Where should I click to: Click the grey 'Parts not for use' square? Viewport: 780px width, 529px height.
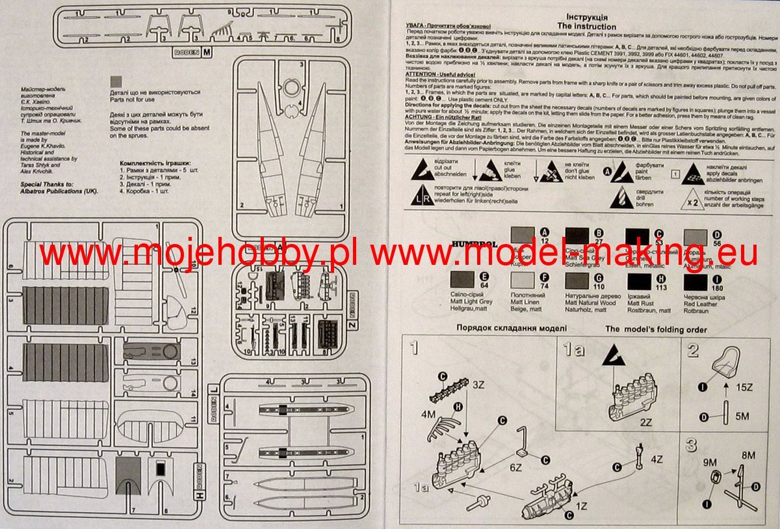tap(116, 81)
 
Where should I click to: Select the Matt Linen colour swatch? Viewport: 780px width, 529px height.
tap(523, 280)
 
